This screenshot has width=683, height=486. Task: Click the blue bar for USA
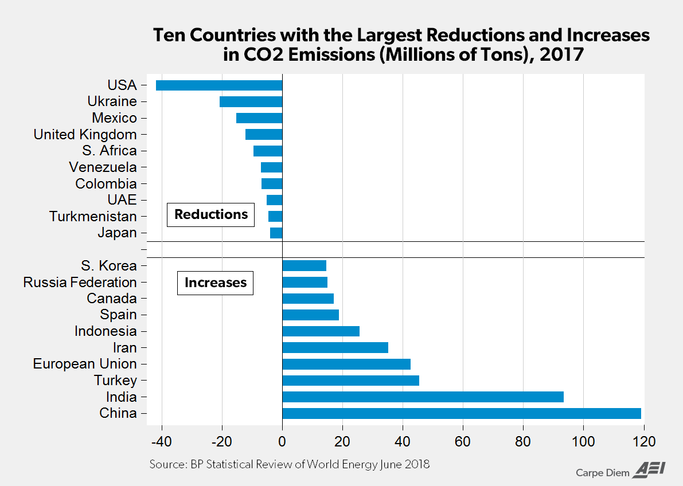219,85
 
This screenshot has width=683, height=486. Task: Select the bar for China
462,413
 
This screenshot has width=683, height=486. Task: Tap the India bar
423,397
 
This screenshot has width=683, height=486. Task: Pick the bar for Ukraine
251,101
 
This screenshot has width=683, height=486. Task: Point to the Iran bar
335,347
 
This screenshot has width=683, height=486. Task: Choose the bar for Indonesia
321,331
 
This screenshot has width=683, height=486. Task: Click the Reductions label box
210,214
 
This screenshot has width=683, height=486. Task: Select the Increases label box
215,283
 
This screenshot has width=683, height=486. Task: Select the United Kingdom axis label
85,135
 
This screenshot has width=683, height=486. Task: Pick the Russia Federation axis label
80,282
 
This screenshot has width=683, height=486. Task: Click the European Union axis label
85,364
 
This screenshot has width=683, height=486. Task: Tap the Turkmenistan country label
93,217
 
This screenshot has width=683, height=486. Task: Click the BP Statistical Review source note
289,464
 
